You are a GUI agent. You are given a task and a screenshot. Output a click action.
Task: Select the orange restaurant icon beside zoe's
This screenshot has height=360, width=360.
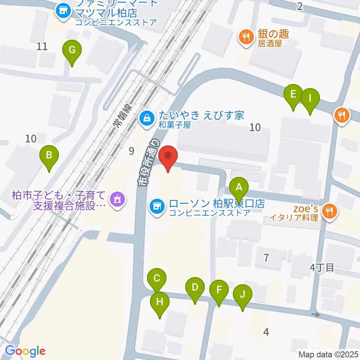coord(330,211)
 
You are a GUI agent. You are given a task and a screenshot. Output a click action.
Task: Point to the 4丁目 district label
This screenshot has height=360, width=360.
coord(322,268)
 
